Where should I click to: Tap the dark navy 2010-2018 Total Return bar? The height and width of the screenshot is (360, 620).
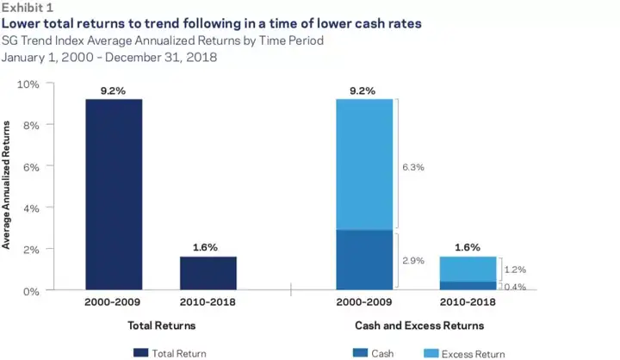208,273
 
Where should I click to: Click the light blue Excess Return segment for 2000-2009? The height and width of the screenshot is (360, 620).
363,164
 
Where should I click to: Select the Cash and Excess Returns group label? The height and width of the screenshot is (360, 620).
419,326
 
